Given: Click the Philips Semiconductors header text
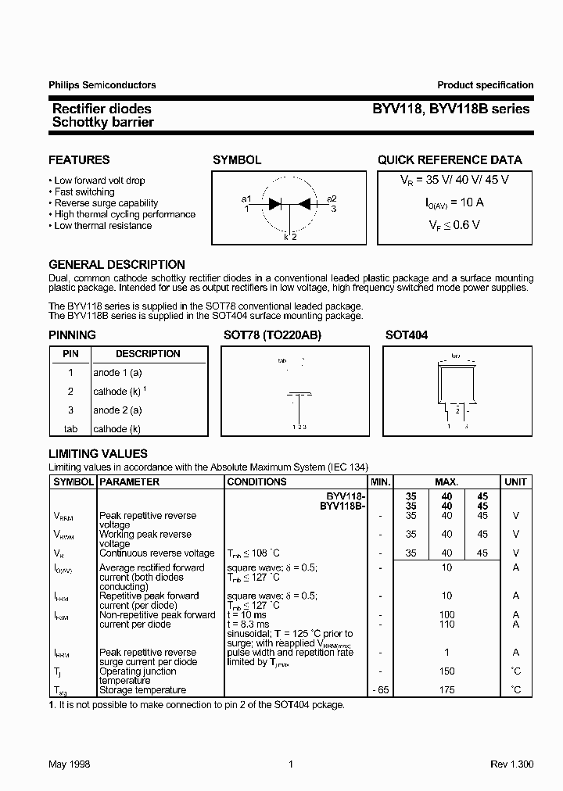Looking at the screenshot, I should tap(102, 85).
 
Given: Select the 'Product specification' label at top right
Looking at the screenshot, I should tap(485, 85).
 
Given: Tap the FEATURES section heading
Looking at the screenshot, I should tap(79, 160).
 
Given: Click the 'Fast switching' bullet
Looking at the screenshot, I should tap(84, 191).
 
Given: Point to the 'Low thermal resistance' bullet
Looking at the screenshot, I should tap(102, 226).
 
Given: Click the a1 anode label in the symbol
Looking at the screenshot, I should tap(246, 198).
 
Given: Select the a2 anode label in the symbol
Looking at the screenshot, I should tap(332, 198).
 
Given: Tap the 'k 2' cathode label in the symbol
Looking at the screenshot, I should tap(290, 236).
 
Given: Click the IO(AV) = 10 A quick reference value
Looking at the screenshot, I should tap(449, 202).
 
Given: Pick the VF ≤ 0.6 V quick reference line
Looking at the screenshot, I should tap(449, 224).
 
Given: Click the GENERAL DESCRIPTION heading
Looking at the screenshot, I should tap(117, 265).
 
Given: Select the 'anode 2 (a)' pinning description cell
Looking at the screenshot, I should tap(117, 410).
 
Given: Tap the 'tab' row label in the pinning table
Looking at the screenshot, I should tap(70, 429).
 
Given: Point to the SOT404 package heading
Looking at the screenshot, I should tap(407, 335).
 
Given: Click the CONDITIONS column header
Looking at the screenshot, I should tap(256, 482).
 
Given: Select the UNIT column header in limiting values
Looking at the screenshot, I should tap(515, 482).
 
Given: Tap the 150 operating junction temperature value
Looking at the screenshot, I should tap(446, 671).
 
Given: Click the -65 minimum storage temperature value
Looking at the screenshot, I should tap(380, 690).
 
